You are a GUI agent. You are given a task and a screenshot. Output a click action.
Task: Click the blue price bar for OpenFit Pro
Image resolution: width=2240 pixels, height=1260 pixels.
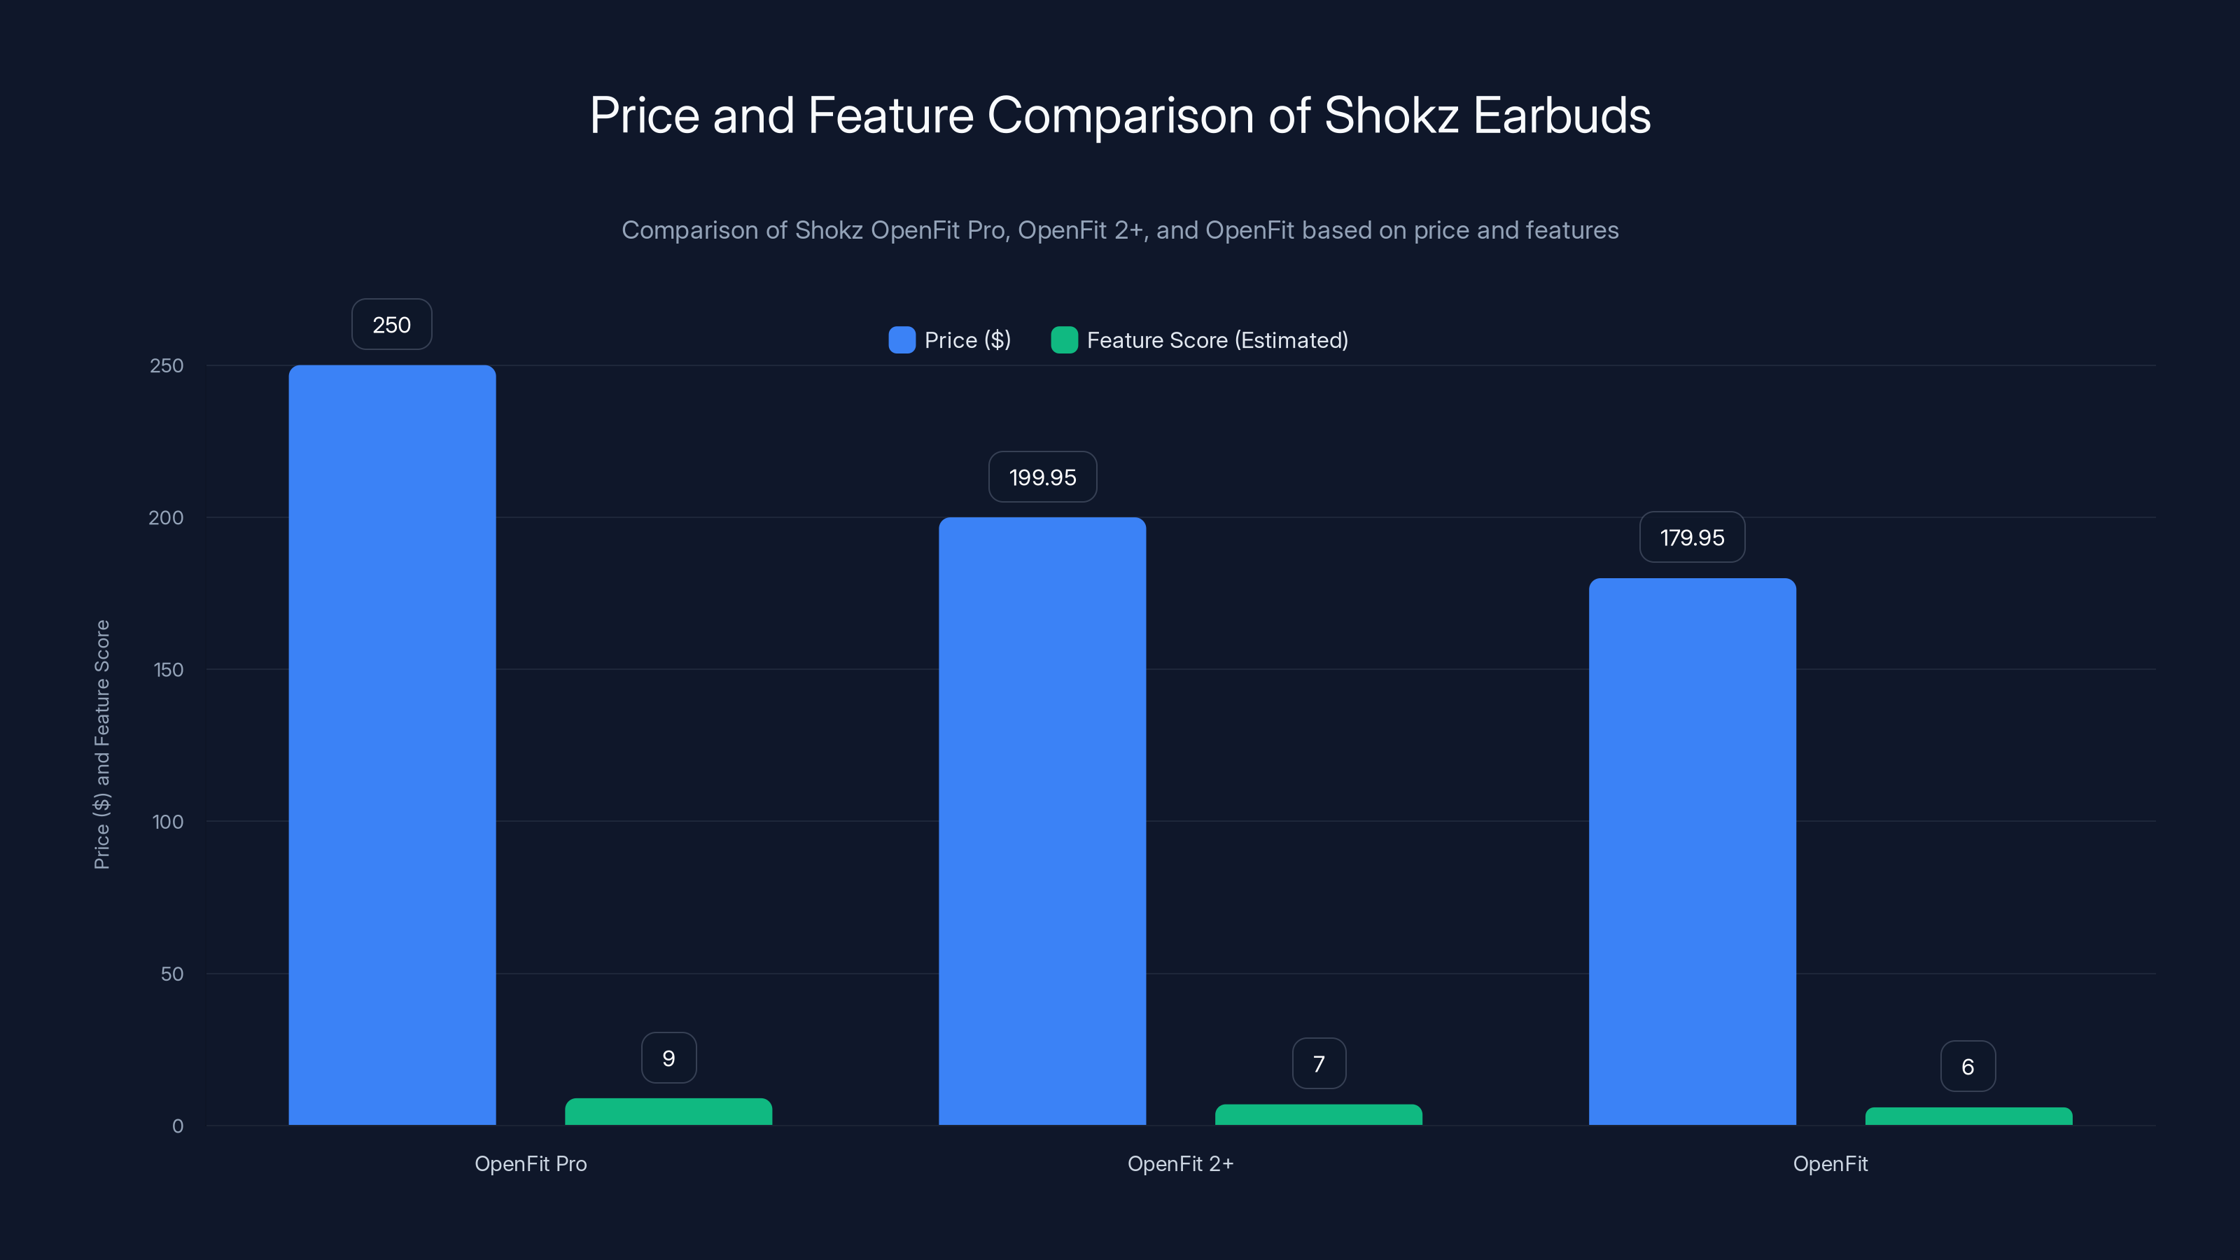click(x=392, y=744)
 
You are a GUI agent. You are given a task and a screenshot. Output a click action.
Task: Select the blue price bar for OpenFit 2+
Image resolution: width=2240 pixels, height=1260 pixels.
click(x=1042, y=821)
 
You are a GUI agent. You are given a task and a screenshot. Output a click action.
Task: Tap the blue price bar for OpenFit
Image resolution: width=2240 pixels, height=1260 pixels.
click(x=1692, y=851)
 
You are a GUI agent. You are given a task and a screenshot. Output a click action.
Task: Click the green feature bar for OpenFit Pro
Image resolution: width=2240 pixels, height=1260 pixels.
click(x=668, y=1112)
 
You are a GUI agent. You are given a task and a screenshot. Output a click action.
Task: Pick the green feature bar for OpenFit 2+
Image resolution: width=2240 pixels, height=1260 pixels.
click(x=1318, y=1115)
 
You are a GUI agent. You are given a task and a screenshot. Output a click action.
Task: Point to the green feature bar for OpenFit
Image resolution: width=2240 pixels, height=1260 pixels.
click(x=1968, y=1116)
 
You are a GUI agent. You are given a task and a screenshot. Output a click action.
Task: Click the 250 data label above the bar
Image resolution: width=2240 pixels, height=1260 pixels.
click(x=391, y=324)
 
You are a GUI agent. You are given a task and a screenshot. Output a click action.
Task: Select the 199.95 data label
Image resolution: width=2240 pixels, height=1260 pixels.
click(x=1042, y=477)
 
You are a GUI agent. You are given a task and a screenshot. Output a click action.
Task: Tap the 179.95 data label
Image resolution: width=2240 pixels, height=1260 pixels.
click(x=1691, y=538)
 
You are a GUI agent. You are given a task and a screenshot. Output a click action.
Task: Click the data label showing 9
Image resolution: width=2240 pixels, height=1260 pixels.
click(x=668, y=1058)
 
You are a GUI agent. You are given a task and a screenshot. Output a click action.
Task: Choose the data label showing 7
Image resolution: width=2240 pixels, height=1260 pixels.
click(x=1318, y=1063)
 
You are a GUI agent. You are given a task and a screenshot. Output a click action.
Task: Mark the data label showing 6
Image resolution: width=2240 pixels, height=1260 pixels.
click(x=1967, y=1066)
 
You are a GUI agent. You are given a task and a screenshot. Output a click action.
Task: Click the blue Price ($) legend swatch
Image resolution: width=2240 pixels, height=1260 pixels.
click(x=902, y=340)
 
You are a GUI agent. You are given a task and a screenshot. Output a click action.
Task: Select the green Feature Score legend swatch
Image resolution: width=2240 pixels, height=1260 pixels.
click(x=1063, y=340)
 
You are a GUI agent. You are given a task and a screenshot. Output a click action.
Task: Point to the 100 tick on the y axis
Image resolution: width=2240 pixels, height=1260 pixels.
click(x=168, y=822)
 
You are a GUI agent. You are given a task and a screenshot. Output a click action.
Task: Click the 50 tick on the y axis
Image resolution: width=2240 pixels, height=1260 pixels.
click(x=172, y=974)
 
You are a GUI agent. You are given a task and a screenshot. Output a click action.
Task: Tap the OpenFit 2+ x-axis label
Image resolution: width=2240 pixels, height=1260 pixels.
click(x=1180, y=1163)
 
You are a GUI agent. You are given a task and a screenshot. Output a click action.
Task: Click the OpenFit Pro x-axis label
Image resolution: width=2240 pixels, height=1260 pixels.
click(x=531, y=1163)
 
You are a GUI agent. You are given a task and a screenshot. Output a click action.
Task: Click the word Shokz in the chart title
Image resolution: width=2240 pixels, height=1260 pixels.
click(x=1390, y=115)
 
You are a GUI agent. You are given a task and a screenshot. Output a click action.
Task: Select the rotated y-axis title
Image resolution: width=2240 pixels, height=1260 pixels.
click(x=101, y=744)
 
